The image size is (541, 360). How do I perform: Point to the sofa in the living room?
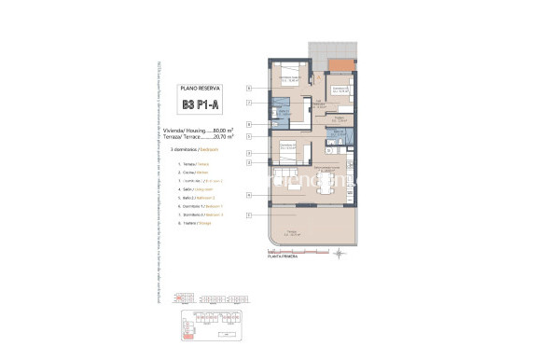point(292,187)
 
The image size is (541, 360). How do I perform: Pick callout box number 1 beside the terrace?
point(249,216)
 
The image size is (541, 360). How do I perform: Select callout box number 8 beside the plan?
point(249,124)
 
